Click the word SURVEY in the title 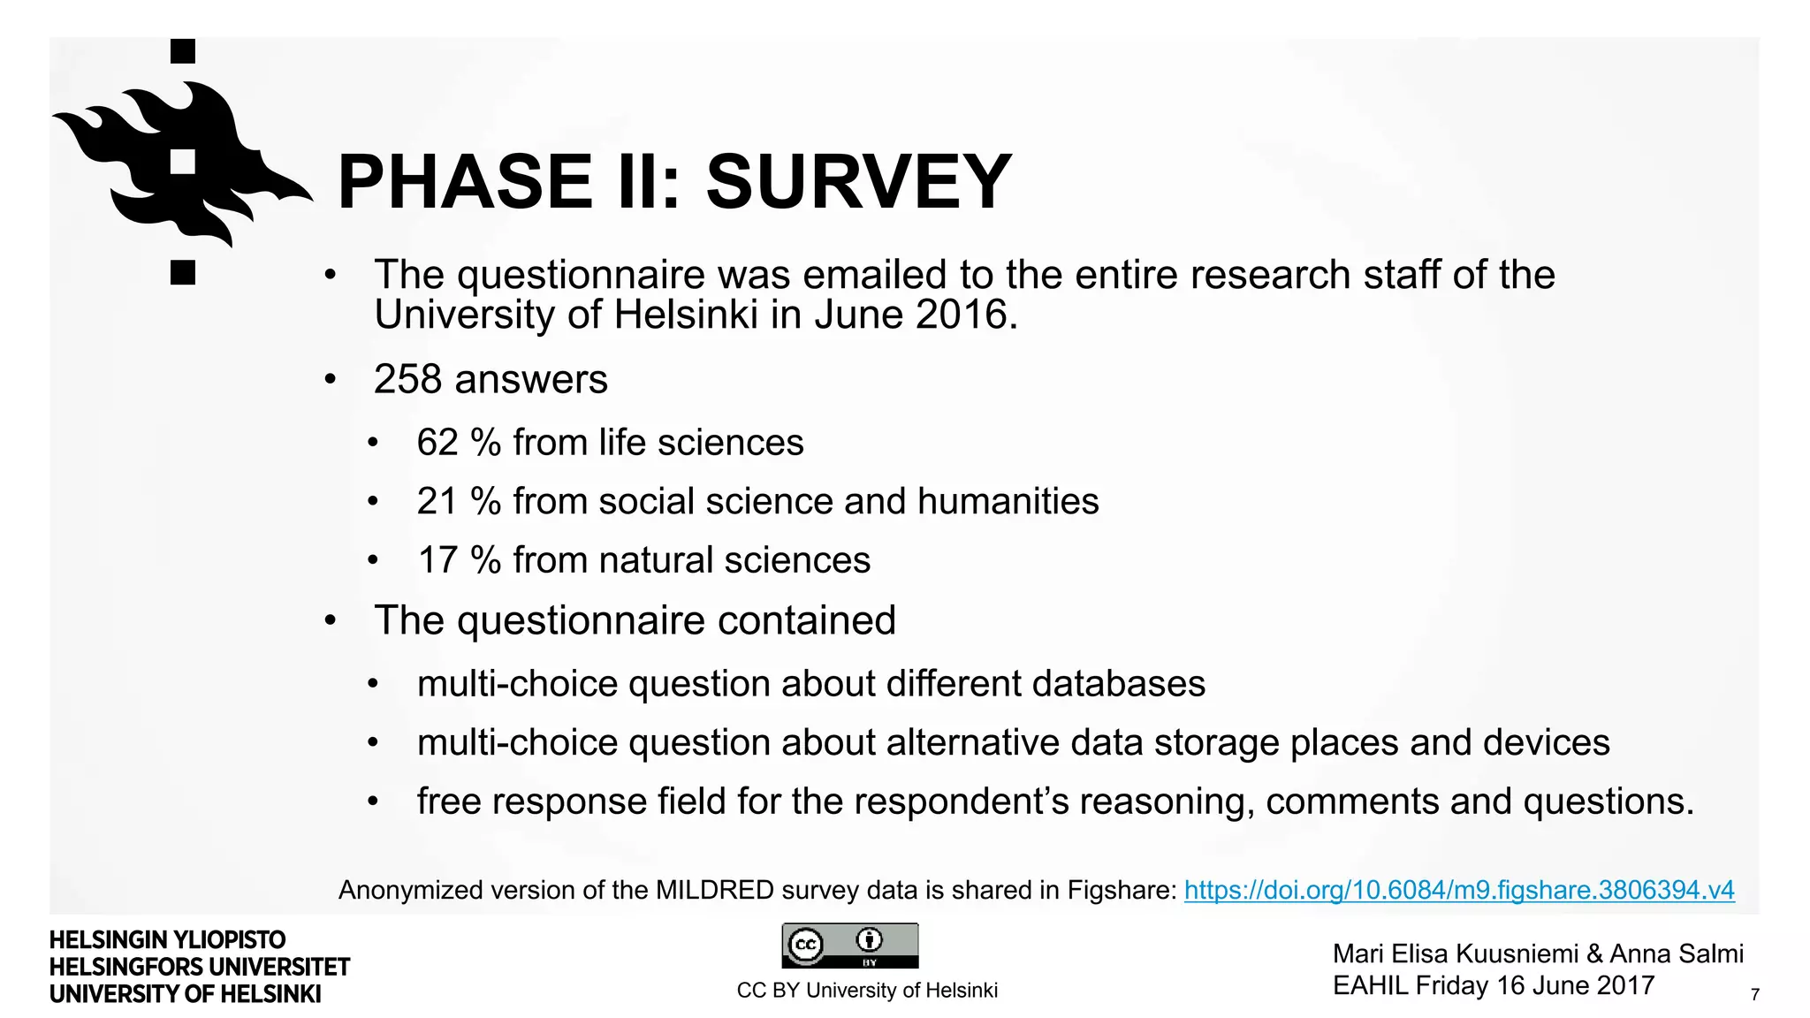tap(858, 182)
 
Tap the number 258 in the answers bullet tap(407, 379)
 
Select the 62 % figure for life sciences tap(459, 442)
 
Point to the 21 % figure tap(459, 501)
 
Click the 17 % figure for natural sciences tap(459, 560)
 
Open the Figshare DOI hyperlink tap(1458, 890)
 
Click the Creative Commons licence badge tap(849, 946)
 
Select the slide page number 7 tap(1754, 994)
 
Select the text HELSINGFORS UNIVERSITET tap(200, 967)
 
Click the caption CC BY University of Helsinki tap(866, 991)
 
